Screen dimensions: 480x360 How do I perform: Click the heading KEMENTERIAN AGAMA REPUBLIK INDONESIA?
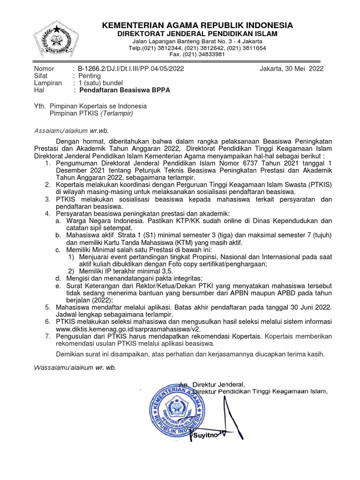[x=197, y=25]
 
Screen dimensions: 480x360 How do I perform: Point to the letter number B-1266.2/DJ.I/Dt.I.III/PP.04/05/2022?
[x=131, y=68]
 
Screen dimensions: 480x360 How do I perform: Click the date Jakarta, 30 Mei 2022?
[x=291, y=68]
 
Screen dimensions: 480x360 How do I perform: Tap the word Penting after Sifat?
[x=89, y=75]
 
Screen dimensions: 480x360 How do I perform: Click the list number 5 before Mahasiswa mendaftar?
[x=47, y=307]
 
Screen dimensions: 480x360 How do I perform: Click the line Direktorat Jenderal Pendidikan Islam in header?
[x=197, y=34]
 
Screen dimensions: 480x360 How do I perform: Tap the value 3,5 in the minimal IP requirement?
[x=167, y=271]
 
